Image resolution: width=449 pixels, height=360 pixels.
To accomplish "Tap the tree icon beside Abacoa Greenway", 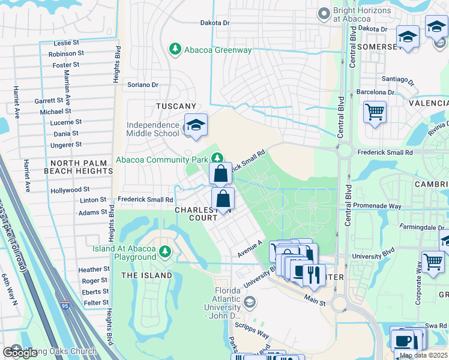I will pos(175,49).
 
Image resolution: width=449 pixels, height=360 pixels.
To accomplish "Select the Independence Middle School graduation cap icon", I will pos(196,125).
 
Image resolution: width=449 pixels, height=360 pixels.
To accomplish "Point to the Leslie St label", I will pos(66,43).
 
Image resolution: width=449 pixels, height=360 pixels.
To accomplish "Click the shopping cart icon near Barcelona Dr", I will pos(375,112).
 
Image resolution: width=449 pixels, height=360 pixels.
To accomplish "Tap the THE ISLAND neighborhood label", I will pos(146,275).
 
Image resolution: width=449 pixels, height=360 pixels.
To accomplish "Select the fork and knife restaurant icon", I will pos(313,275).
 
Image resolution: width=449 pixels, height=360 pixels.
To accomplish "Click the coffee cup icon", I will pos(402,341).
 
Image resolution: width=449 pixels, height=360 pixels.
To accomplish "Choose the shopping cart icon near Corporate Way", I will pos(433,262).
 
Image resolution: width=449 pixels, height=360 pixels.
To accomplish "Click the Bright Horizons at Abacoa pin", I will pos(325,13).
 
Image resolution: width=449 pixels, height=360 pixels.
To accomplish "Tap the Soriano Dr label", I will pos(143,85).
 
